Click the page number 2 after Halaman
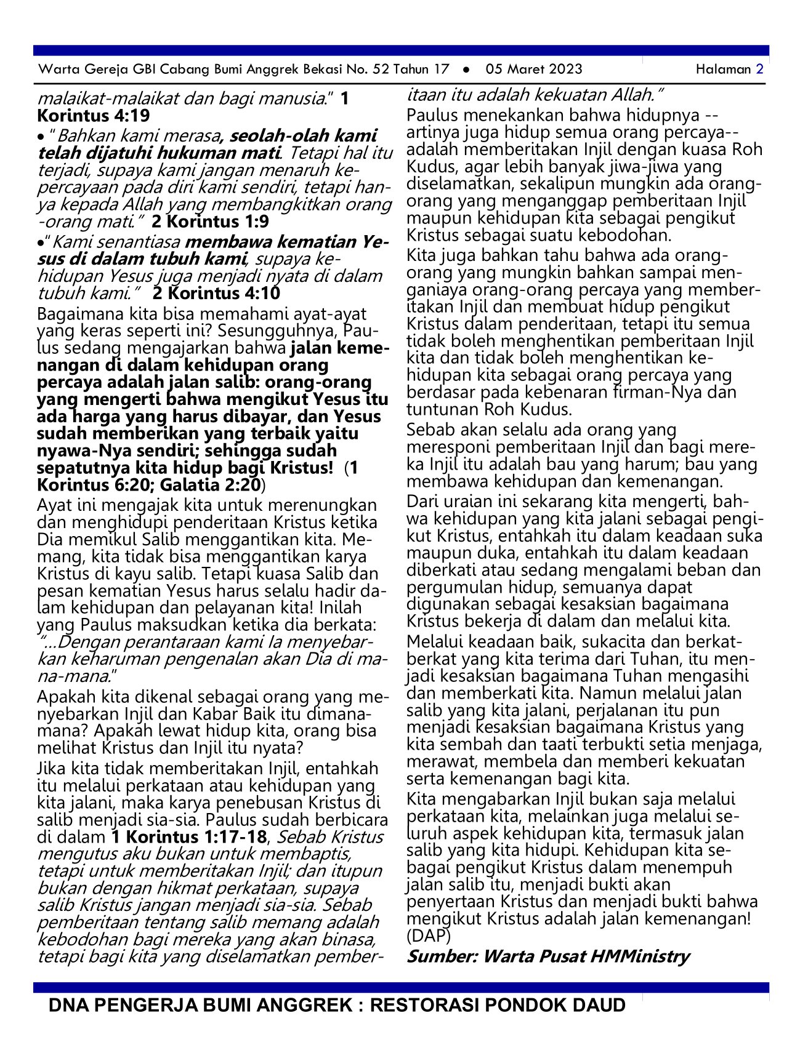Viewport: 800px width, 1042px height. (x=760, y=70)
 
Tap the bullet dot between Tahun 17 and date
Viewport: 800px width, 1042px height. (x=467, y=70)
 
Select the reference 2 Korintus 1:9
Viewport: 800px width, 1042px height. (x=210, y=222)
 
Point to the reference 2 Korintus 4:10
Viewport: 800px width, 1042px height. (x=216, y=293)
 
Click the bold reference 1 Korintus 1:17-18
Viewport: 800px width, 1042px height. (x=189, y=837)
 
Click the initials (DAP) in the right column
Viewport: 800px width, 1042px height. (x=429, y=936)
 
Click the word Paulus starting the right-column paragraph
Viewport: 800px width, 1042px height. (x=432, y=116)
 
